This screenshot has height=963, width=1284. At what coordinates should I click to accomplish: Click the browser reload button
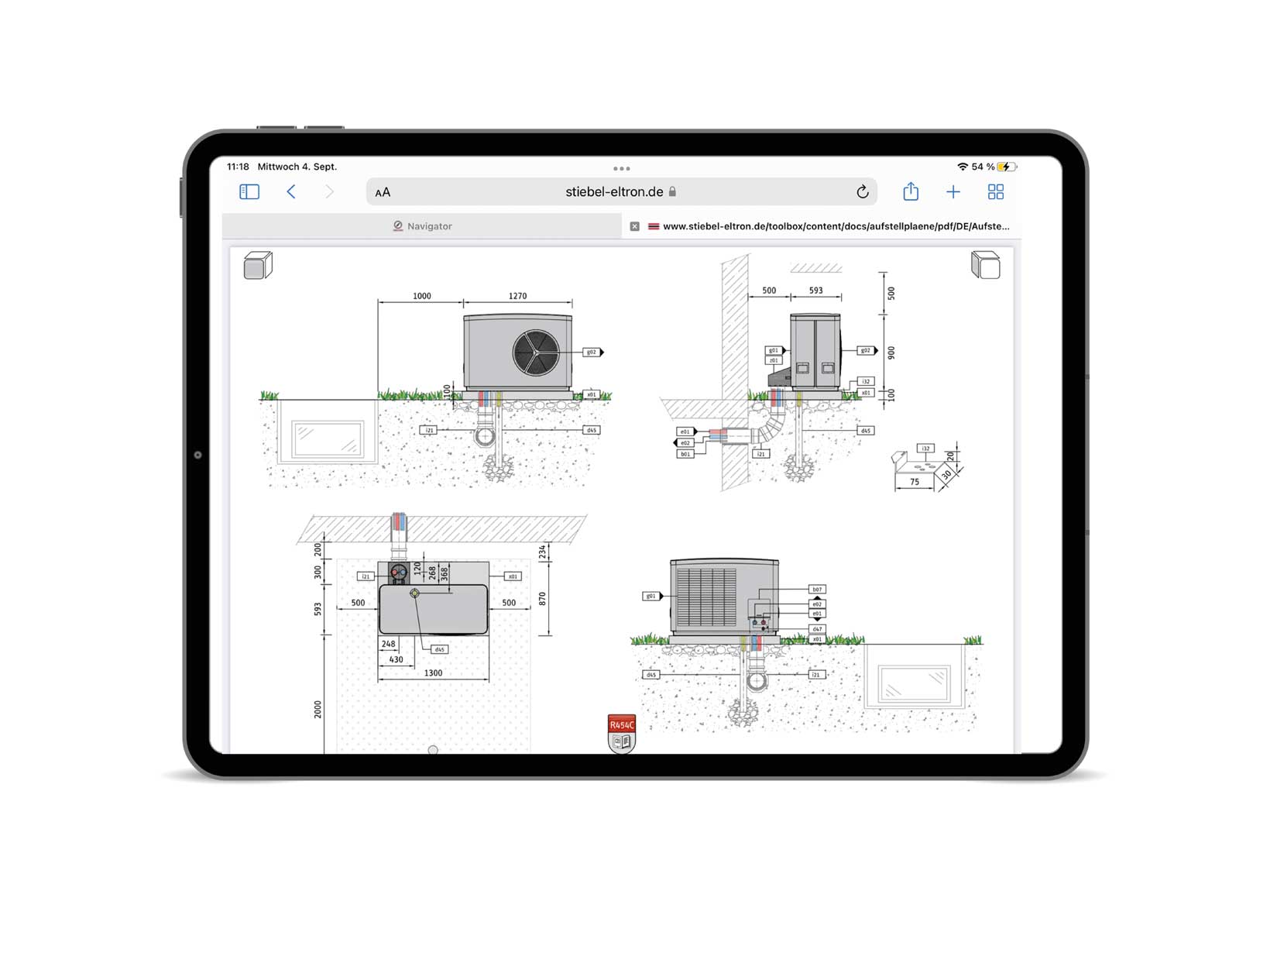862,192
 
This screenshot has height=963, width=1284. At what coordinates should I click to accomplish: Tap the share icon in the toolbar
911,191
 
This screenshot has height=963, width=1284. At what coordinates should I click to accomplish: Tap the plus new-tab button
953,191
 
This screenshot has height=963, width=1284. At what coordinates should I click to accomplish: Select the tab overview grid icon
996,191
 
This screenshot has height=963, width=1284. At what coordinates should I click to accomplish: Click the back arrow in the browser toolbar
291,191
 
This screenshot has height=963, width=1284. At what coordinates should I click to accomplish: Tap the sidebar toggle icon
249,191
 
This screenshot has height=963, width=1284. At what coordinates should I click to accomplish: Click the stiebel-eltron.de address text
614,192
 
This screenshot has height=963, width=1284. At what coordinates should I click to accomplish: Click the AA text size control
383,192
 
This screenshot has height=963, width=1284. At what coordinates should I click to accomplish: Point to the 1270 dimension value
517,296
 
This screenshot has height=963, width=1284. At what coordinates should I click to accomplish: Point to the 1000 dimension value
421,296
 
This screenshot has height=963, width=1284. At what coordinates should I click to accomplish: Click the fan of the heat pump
536,353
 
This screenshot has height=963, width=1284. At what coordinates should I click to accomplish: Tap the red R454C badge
622,725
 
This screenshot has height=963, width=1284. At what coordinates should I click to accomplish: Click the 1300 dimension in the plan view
433,673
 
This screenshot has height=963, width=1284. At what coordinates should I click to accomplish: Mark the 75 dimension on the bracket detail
915,482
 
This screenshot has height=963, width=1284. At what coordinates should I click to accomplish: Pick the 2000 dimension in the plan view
318,709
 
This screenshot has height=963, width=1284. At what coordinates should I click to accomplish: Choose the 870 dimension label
542,599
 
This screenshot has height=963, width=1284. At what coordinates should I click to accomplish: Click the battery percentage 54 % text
983,167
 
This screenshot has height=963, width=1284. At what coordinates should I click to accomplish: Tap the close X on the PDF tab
635,226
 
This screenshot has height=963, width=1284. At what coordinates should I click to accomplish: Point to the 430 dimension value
396,660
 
